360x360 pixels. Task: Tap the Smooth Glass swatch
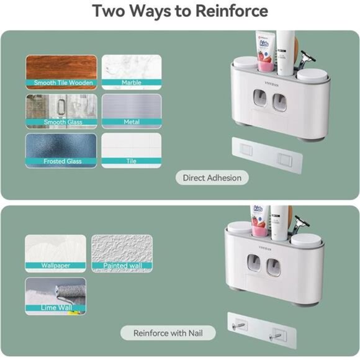coord(61,110)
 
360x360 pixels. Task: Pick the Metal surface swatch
coord(131,110)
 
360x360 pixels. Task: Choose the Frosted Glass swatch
coord(61,150)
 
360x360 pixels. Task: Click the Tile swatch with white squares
coord(131,150)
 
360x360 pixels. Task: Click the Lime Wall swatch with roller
coord(55,295)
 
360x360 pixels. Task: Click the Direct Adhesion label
coord(212,178)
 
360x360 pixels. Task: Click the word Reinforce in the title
coord(233,11)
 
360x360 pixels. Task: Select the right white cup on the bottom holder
coord(307,240)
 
